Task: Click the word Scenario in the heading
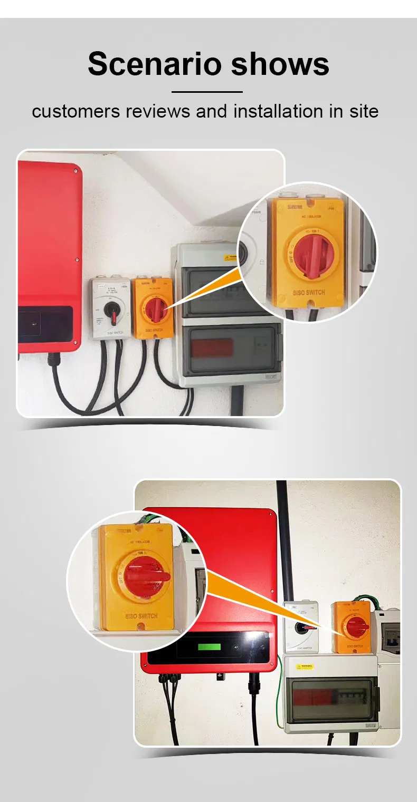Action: (x=155, y=64)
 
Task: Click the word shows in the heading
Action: (x=280, y=64)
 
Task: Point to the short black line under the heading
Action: (x=207, y=92)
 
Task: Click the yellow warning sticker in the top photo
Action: (x=231, y=257)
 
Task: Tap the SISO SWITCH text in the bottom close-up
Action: (x=141, y=615)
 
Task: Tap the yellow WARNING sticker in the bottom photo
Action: (x=306, y=667)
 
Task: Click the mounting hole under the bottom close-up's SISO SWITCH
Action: (x=140, y=626)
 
